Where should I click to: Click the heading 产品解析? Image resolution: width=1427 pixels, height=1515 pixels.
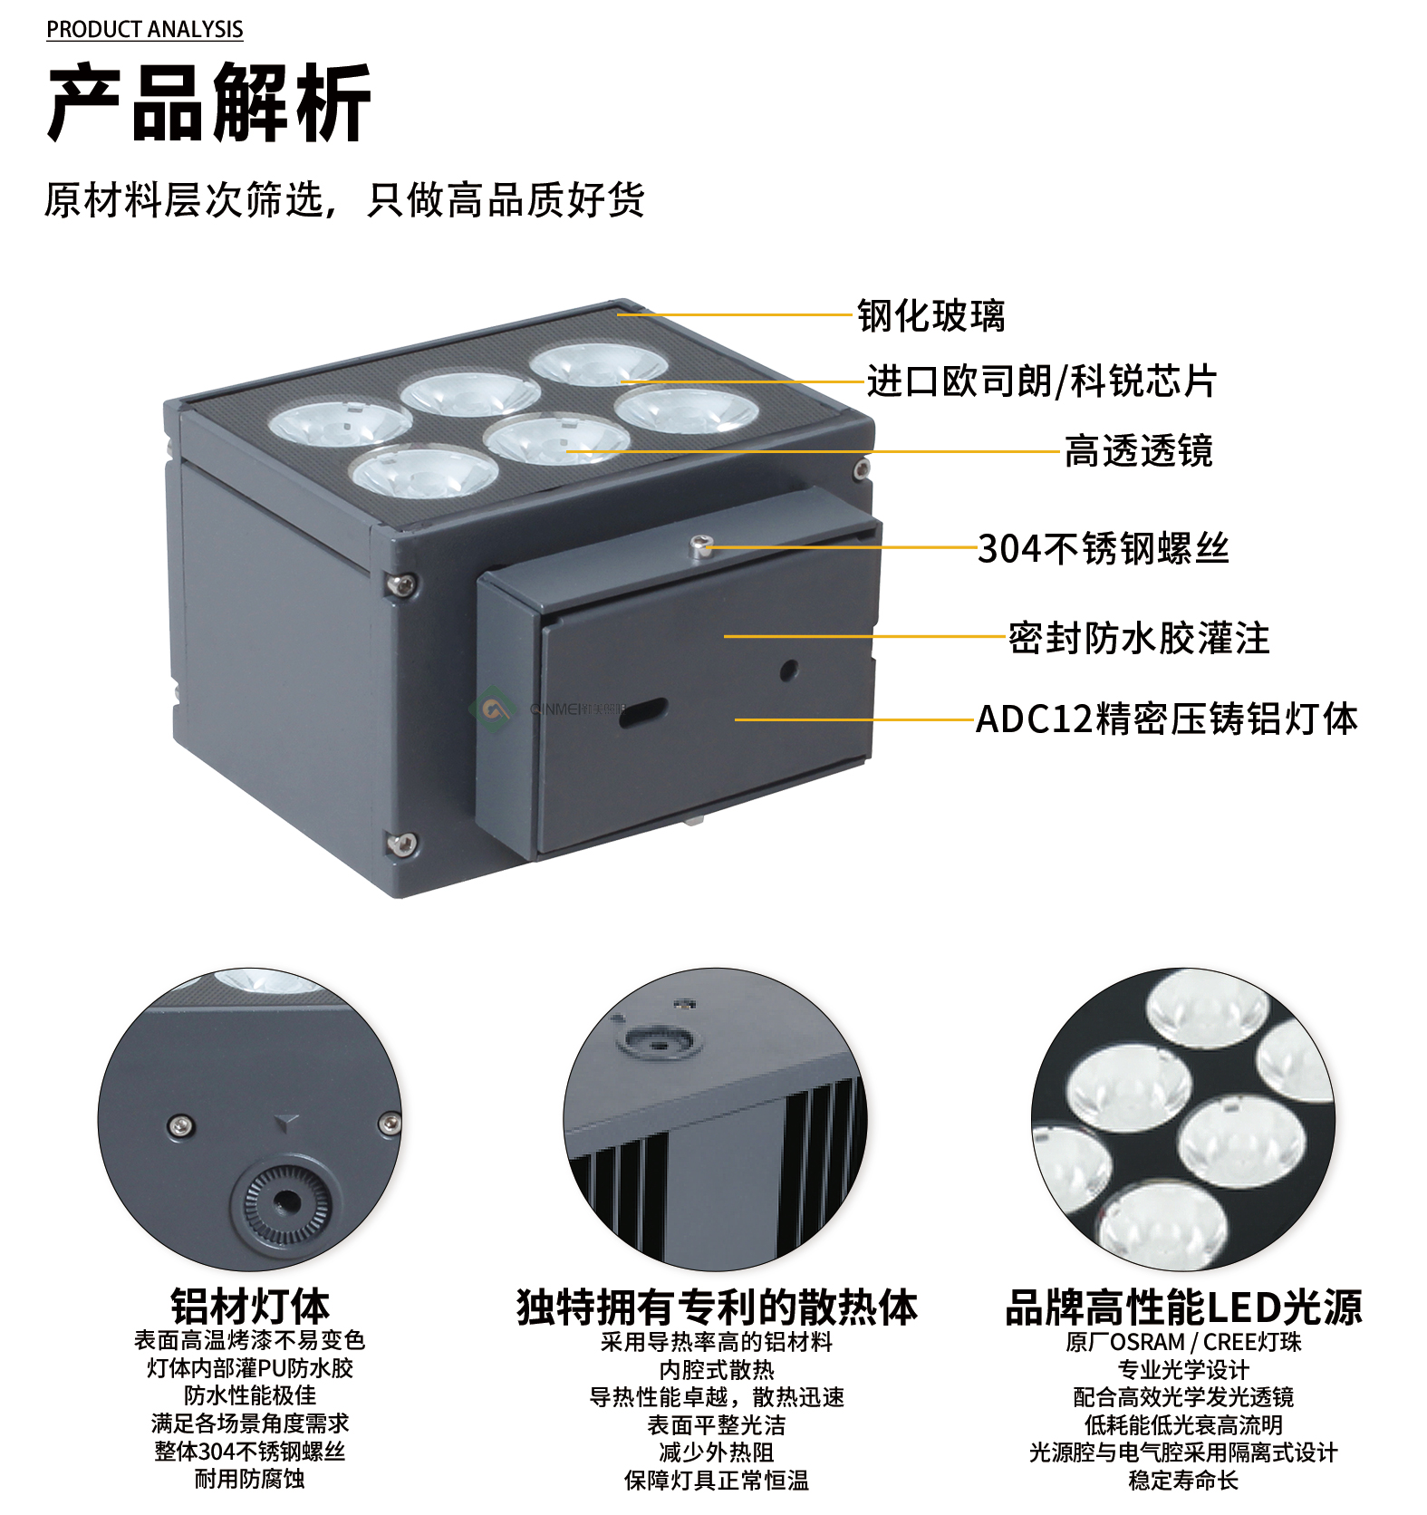(208, 102)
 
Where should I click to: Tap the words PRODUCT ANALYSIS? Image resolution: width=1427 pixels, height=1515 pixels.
(145, 30)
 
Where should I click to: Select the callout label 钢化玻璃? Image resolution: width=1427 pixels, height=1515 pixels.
(931, 315)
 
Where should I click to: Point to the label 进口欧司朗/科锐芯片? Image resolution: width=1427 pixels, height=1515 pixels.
(1041, 381)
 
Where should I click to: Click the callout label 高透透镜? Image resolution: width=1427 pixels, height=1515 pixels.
(1139, 450)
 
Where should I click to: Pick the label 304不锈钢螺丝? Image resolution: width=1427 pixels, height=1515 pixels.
(1104, 548)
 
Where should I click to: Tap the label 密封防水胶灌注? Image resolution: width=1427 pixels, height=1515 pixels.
(1139, 638)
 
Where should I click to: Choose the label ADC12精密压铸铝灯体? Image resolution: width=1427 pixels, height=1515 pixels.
(1167, 719)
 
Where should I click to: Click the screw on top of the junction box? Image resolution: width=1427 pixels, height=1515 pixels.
(699, 545)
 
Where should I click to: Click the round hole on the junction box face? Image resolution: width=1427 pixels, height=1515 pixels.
(789, 671)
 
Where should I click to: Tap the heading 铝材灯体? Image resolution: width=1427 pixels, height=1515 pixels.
(250, 1307)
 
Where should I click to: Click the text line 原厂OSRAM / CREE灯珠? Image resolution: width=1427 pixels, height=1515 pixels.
(1183, 1342)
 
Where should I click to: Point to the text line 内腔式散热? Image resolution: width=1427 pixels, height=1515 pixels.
(717, 1370)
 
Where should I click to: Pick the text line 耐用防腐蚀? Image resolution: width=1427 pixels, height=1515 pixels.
(250, 1480)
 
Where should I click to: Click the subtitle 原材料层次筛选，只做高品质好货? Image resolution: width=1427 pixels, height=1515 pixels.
(344, 199)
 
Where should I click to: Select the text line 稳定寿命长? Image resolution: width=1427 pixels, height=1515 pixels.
(1183, 1481)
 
